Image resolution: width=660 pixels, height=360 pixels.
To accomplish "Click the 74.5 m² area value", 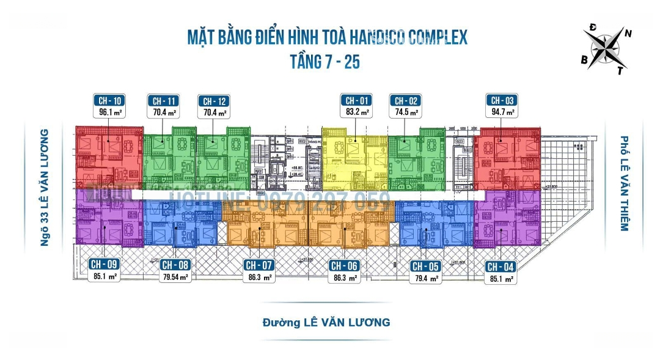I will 406,112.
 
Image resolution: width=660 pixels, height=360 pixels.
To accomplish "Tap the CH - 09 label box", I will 104,265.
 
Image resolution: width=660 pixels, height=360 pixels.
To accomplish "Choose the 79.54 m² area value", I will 175,277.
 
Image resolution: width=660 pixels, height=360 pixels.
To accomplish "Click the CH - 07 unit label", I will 258,265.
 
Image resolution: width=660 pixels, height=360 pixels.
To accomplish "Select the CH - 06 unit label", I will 343,265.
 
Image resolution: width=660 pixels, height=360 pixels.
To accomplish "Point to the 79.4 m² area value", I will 426,278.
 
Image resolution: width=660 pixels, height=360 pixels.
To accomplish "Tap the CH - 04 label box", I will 500,266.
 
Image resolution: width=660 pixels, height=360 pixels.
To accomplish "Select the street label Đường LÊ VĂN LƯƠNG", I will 326,321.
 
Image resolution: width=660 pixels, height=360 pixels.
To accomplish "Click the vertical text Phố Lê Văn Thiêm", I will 623,183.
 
